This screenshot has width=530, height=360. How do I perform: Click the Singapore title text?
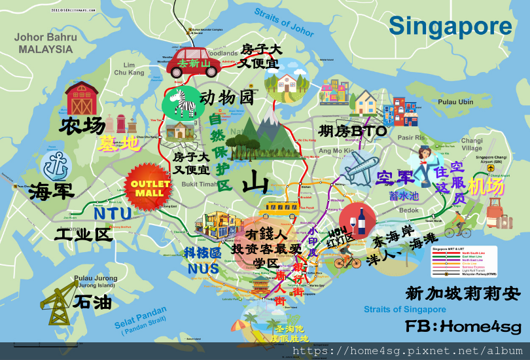pyautogui.click(x=450, y=26)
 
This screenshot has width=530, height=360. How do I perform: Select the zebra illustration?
pyautogui.click(x=179, y=103)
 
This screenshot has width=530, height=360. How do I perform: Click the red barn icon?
pyautogui.click(x=82, y=99)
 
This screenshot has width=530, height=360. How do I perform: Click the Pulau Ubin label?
pyautogui.click(x=455, y=102)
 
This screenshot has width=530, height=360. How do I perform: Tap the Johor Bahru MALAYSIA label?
pyautogui.click(x=46, y=43)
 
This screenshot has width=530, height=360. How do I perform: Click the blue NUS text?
pyautogui.click(x=203, y=268)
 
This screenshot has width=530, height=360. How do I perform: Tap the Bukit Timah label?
pyautogui.click(x=199, y=185)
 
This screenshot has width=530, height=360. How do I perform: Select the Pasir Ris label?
pyautogui.click(x=411, y=138)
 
